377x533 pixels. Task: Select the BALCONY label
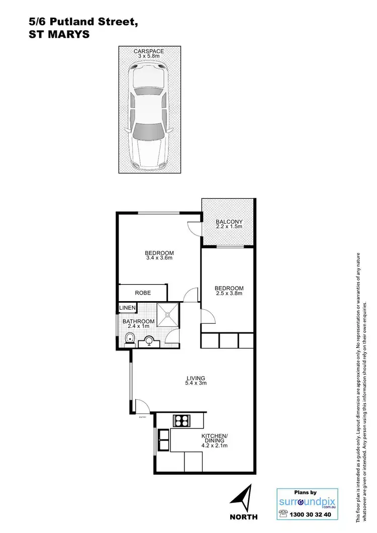[229, 222]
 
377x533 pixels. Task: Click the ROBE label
[143, 293]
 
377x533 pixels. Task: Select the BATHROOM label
[138, 322]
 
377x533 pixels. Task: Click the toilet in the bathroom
[130, 339]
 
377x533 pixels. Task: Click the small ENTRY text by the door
[143, 417]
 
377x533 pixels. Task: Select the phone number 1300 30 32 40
[313, 514]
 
